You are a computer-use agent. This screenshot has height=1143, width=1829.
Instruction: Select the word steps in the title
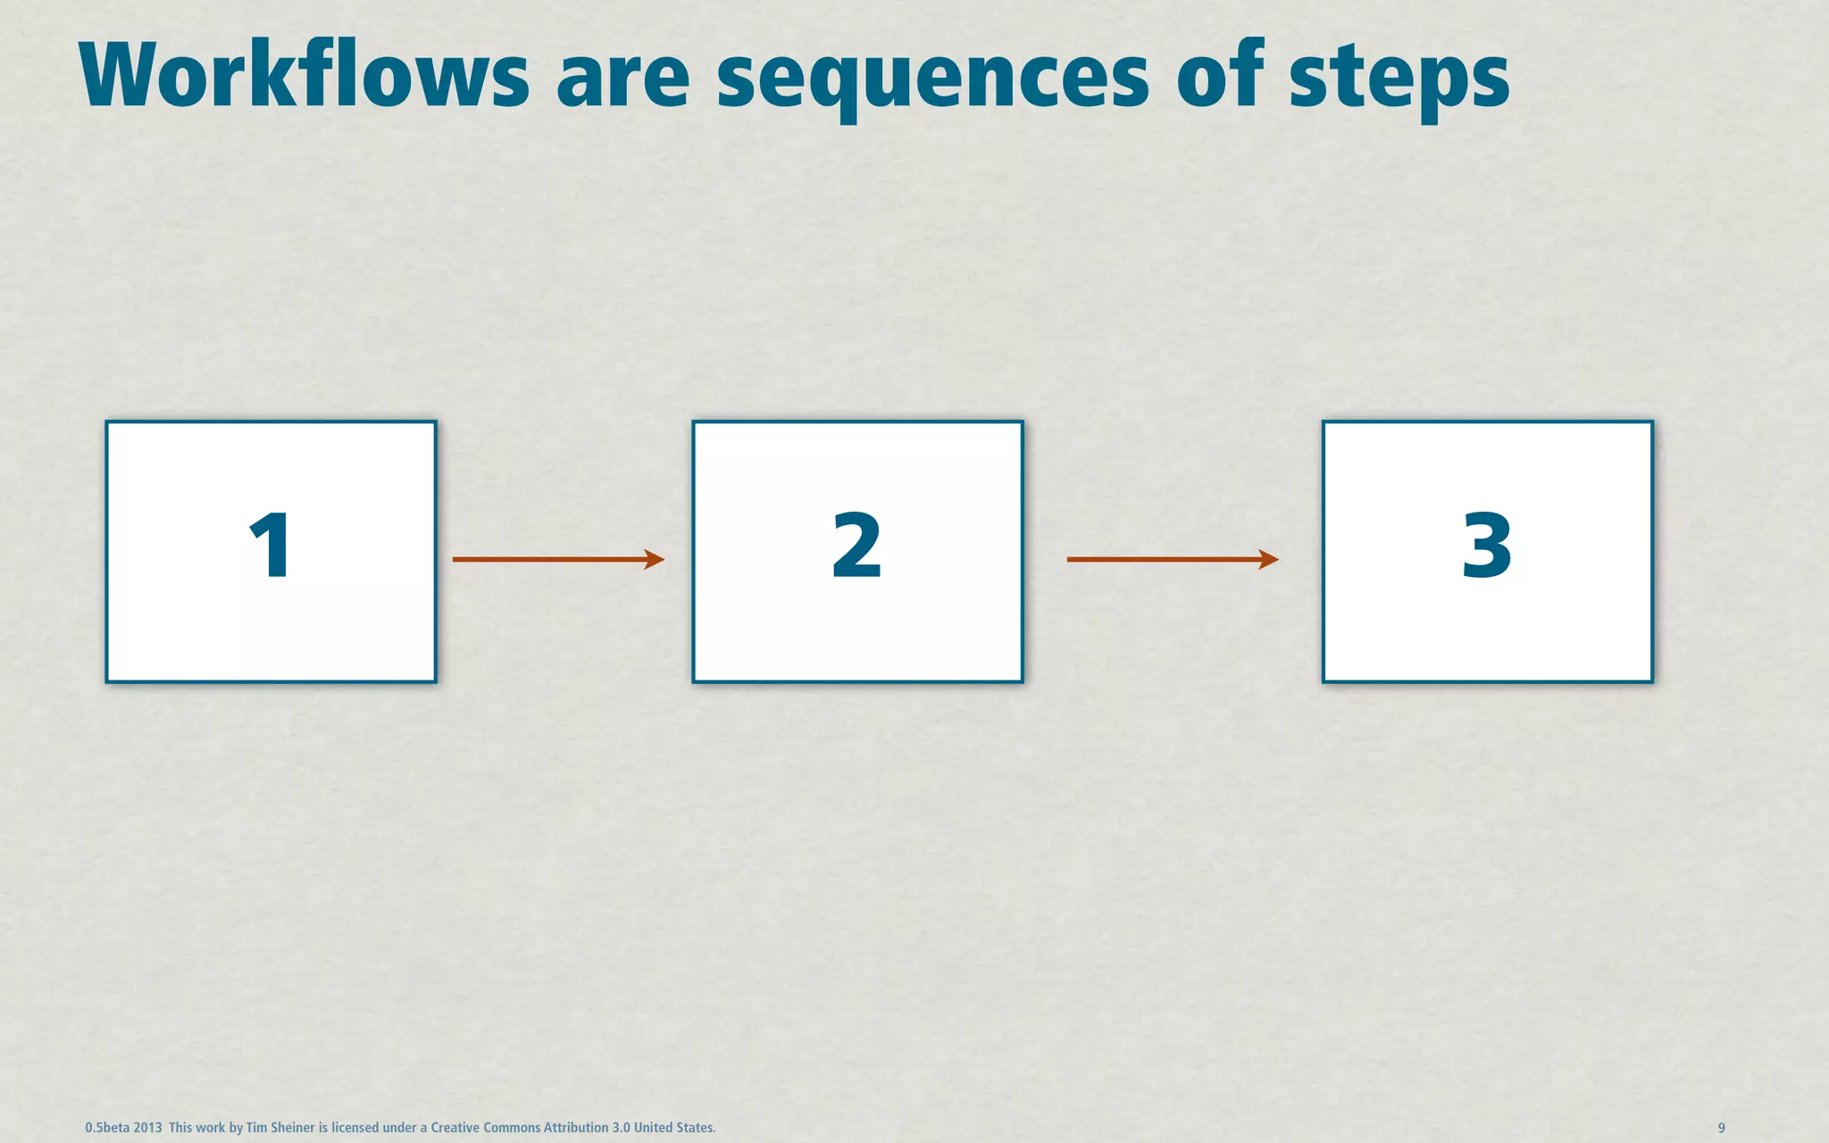1399,80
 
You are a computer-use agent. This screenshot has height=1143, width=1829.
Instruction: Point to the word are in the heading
622,80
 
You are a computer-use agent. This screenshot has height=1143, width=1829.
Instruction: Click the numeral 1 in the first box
270,546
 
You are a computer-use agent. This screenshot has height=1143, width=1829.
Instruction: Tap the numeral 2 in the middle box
856,546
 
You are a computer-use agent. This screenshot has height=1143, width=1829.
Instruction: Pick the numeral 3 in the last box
1487,546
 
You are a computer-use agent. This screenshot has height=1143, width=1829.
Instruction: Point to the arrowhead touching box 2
655,560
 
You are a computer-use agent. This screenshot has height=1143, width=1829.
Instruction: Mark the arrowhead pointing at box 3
1269,560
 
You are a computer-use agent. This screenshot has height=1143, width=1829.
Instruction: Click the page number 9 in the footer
1721,1128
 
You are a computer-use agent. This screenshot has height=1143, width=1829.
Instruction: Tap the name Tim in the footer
256,1128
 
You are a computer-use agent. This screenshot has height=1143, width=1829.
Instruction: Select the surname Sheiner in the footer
293,1128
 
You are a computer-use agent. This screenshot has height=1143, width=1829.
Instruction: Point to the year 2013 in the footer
148,1128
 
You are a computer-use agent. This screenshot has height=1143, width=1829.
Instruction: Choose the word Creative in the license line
455,1128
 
